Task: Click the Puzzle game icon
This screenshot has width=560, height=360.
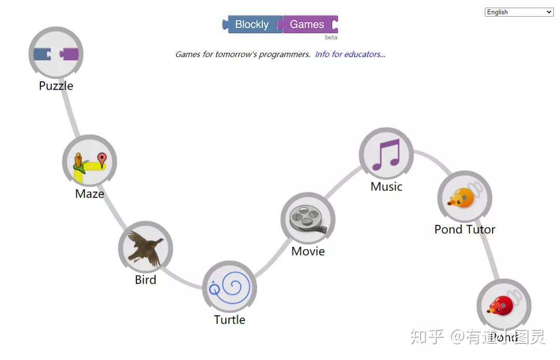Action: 55,53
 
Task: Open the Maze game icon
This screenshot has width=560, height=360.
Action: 89,162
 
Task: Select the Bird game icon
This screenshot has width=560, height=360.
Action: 145,248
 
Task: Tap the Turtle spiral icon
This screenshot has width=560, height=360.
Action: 229,287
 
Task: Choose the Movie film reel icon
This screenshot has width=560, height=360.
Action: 307,219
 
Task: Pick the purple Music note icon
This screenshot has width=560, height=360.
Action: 386,155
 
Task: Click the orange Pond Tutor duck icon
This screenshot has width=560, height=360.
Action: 464,198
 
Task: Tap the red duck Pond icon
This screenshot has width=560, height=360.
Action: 503,306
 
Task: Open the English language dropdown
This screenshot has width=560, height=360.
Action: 519,12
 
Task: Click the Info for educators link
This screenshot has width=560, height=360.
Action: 350,54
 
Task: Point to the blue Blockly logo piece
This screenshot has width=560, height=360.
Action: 253,24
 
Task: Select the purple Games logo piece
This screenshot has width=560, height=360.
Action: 308,24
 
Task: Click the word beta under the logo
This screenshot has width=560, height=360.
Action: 331,37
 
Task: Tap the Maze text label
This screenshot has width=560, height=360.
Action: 90,193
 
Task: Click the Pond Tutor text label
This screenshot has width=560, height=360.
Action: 465,229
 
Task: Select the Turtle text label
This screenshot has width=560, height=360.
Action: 229,320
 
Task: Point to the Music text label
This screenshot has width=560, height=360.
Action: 386,186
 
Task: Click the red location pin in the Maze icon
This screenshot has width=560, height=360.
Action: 102,159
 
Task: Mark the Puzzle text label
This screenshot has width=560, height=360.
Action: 56,86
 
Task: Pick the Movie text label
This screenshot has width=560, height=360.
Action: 308,251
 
